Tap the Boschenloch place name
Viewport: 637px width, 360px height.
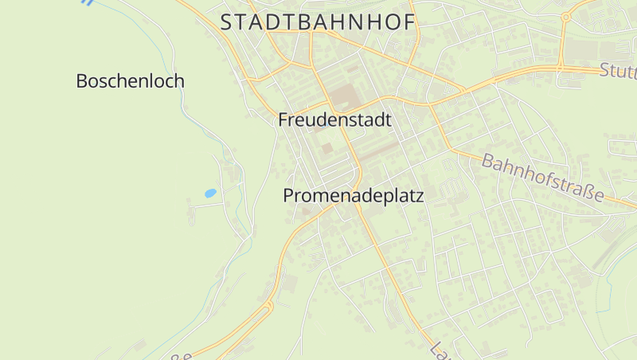point(131,80)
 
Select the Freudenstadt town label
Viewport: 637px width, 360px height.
point(335,120)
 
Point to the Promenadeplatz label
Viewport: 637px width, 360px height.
point(353,195)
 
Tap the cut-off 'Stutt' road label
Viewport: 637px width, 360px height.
point(618,72)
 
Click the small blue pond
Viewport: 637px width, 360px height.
point(210,193)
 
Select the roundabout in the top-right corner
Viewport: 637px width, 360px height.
point(566,16)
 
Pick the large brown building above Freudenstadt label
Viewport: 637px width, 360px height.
point(345,98)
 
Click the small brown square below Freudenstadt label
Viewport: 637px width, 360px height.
point(327,148)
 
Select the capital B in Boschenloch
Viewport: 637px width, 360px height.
point(82,80)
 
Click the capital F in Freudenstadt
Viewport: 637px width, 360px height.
point(283,120)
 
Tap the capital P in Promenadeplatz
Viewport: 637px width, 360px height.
point(289,195)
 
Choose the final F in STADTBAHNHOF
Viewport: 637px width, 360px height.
point(408,22)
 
